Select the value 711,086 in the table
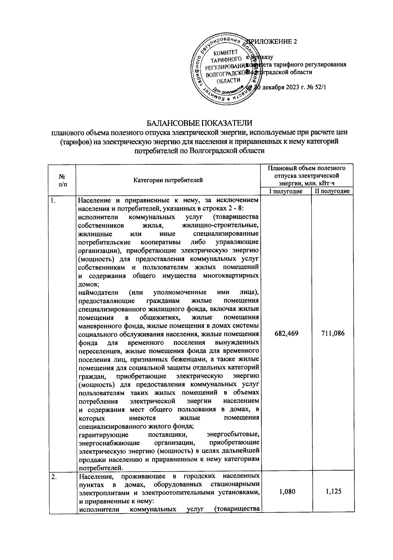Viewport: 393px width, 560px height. pyautogui.click(x=333, y=334)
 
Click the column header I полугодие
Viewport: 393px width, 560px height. pyautogui.click(x=286, y=191)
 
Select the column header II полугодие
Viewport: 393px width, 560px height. pyautogui.click(x=332, y=191)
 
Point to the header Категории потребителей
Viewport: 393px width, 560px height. pyautogui.click(x=168, y=180)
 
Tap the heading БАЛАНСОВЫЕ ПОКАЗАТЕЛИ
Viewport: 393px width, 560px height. pyautogui.click(x=199, y=123)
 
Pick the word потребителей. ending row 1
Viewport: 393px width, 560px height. pyautogui.click(x=101, y=467)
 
